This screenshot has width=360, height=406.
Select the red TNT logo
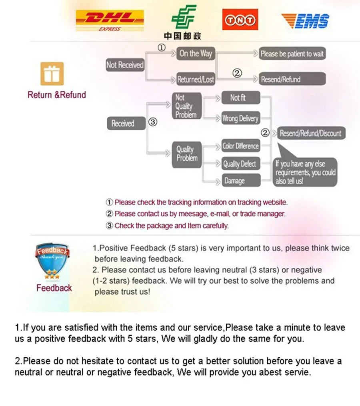coord(240,19)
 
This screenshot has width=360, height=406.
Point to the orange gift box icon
coord(52,74)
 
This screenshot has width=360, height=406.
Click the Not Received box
coord(125,65)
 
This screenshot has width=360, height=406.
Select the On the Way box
coord(196,54)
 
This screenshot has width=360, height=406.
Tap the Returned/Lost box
coord(196,80)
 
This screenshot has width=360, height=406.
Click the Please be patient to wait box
coord(292,54)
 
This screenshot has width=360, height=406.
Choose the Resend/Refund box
coord(292,79)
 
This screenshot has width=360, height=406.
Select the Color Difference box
coord(241,146)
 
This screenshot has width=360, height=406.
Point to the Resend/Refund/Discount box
coord(310,133)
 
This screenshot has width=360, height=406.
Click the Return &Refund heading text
coord(57,95)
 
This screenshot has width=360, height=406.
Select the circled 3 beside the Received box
coord(152,122)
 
